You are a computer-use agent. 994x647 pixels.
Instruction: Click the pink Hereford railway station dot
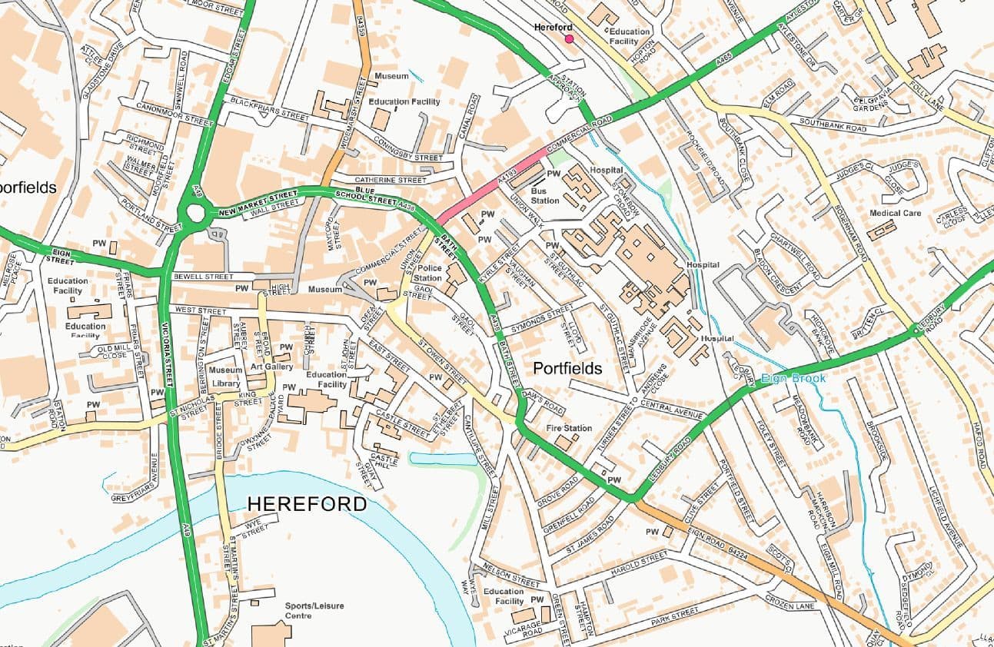pos(569,38)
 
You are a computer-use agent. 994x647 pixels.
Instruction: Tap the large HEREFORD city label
pos(307,504)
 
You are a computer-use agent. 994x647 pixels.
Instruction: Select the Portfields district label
pos(567,369)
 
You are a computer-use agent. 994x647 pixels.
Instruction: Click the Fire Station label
pos(569,428)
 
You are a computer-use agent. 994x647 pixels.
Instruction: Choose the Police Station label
pos(428,273)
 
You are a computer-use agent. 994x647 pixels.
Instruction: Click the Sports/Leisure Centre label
pos(314,611)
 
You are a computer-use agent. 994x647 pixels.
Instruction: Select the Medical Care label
pos(895,213)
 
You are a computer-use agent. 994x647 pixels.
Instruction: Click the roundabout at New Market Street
pos(197,213)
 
